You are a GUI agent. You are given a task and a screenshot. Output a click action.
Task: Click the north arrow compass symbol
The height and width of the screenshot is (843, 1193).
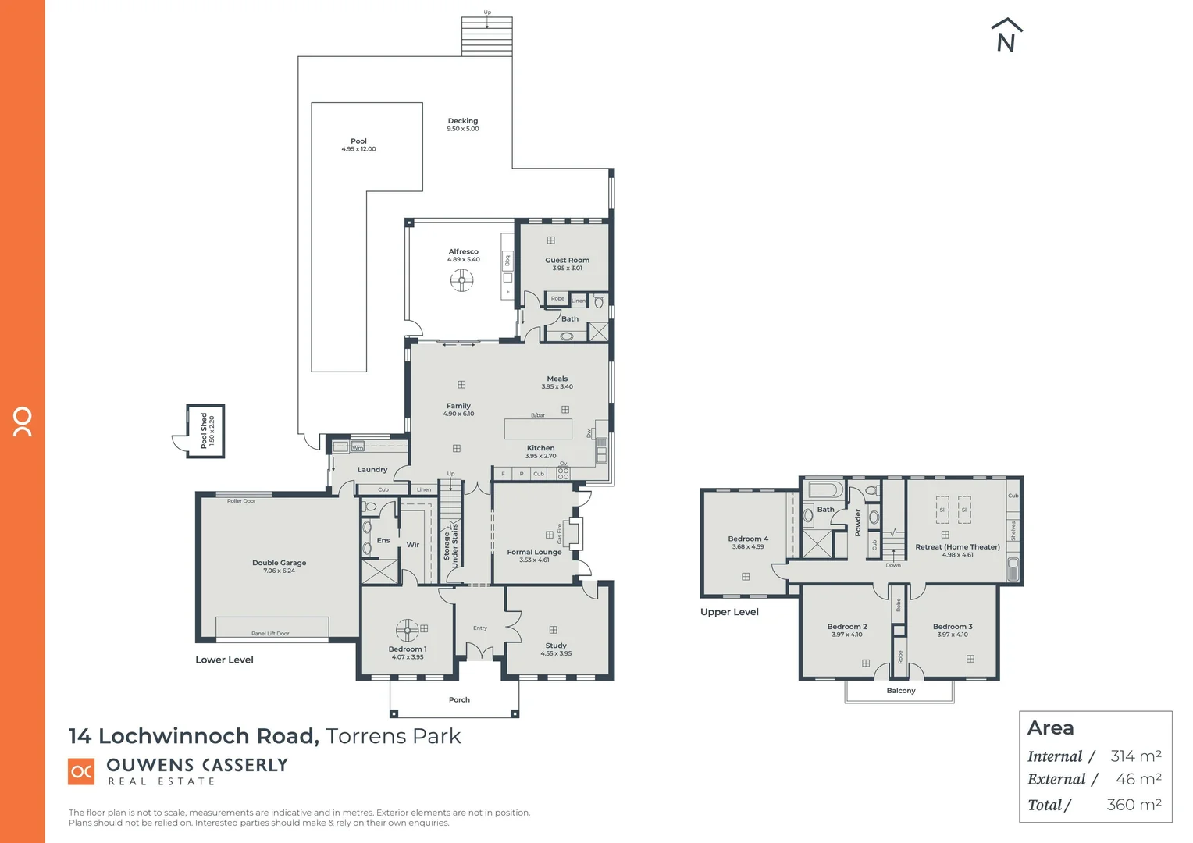point(1006,36)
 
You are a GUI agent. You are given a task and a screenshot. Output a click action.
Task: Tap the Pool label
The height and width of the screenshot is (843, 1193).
point(358,141)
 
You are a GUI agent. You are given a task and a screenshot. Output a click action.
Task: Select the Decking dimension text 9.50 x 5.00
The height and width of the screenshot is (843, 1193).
point(463,129)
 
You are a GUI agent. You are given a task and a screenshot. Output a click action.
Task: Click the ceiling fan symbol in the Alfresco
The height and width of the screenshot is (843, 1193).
point(461,279)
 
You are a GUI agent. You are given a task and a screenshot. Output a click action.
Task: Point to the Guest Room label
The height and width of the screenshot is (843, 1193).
point(567,260)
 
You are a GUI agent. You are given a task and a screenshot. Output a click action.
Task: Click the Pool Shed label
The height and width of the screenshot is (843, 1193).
point(204,430)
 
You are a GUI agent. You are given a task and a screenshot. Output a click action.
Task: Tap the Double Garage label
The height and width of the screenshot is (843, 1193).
point(279,563)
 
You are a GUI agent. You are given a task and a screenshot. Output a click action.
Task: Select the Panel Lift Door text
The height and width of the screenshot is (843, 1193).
point(270,633)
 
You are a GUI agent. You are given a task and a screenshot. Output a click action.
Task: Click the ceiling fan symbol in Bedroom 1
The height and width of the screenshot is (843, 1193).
point(407,629)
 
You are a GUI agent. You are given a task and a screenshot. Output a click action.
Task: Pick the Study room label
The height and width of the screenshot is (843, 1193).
point(556,646)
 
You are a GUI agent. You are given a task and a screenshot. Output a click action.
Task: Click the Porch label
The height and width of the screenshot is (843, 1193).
point(459,699)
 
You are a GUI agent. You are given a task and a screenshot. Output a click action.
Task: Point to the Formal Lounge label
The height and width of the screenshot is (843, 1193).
point(534,552)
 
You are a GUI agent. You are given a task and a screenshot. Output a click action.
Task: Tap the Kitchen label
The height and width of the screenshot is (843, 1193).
point(540,448)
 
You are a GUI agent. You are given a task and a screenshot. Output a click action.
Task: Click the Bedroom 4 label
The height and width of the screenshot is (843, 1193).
point(748,539)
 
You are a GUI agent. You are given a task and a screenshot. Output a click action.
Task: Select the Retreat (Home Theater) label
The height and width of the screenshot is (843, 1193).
point(957,546)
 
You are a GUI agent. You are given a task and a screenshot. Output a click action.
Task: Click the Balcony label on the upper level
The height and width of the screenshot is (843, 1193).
point(901,690)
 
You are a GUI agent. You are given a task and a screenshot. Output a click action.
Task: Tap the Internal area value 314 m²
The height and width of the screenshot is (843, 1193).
point(1135,756)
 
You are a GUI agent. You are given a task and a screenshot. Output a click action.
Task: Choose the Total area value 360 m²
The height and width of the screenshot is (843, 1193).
point(1134,804)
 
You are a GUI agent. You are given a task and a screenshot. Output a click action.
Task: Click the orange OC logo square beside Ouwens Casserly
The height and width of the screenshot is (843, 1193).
point(81,771)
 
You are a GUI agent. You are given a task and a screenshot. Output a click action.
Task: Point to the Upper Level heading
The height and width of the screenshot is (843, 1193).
point(729,612)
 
